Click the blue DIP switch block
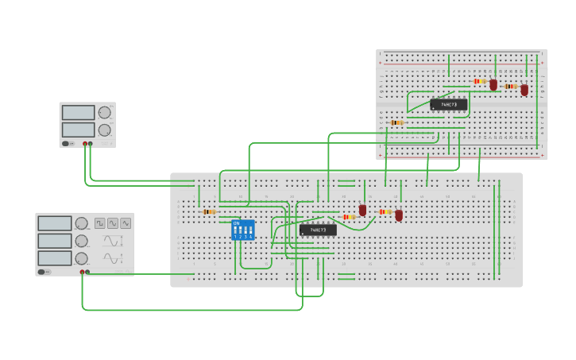242,230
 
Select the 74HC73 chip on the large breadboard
318,230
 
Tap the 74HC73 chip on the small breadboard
449,104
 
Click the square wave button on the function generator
100,223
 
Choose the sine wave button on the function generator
113,223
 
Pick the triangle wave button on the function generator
126,223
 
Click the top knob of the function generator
81,223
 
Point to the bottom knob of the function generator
81,258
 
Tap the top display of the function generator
54,223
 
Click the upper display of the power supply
78,113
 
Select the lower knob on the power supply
104,130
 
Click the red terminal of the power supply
85,144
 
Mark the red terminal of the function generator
82,272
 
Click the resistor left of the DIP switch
209,212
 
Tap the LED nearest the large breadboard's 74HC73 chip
362,211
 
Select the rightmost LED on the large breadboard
399,215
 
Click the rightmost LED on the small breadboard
524,90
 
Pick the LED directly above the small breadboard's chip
493,84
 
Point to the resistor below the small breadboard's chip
396,122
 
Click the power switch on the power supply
68,144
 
